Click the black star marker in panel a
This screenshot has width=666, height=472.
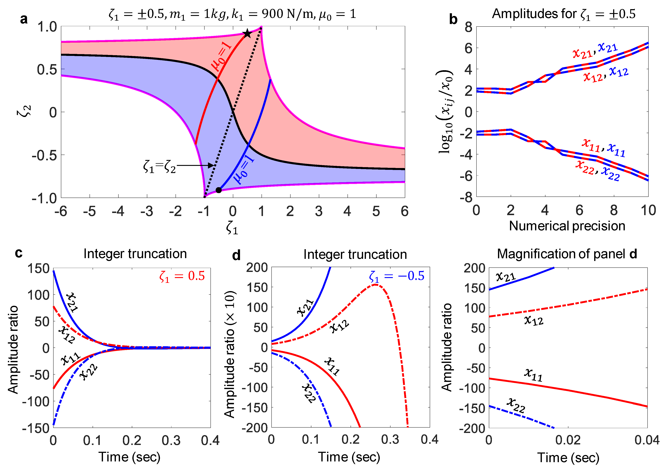click(247, 33)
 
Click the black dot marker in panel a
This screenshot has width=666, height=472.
click(219, 190)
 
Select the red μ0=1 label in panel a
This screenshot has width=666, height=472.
click(222, 56)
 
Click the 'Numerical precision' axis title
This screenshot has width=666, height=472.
click(567, 226)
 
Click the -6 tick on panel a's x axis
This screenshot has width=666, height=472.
click(61, 211)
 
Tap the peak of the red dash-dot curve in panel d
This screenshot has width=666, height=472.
click(375, 284)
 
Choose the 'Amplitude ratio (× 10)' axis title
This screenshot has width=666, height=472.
click(230, 354)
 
